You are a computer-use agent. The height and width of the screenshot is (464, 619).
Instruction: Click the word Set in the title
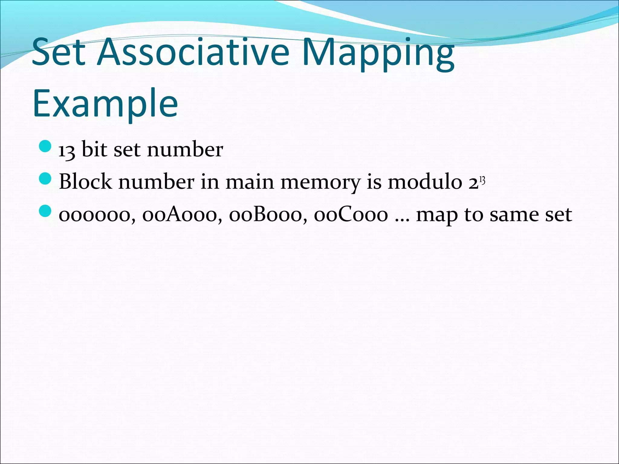[x=58, y=52]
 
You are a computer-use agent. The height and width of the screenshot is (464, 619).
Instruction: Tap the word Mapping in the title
[x=378, y=54]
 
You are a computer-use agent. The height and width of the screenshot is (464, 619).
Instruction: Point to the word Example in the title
[x=105, y=103]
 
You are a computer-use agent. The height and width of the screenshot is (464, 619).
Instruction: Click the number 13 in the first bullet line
[x=66, y=150]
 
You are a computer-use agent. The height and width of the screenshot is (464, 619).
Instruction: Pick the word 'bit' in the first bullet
[x=94, y=149]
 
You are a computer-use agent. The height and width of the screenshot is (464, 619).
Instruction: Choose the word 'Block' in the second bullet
[x=85, y=182]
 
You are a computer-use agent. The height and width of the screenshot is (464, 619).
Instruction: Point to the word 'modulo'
[x=425, y=182]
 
